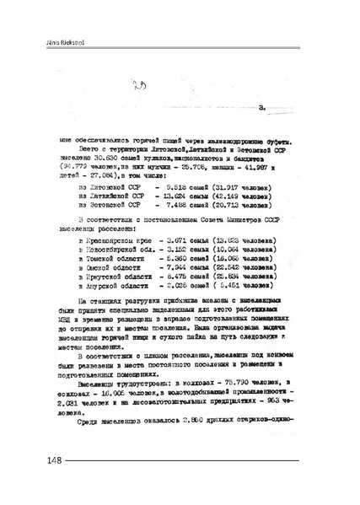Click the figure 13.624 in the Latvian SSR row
pos(177,196)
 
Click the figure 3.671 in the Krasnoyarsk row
pos(173,241)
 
